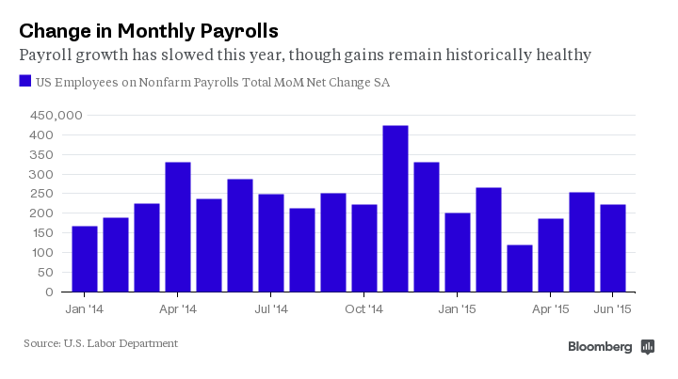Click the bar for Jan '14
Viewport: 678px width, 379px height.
point(85,259)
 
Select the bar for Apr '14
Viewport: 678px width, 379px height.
point(178,227)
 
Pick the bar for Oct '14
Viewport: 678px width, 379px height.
point(364,248)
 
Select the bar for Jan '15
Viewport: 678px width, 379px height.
point(458,252)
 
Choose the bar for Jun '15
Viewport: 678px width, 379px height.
point(613,248)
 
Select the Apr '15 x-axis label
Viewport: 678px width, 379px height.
point(551,308)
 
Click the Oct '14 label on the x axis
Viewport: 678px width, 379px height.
point(363,308)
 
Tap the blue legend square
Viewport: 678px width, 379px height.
point(25,82)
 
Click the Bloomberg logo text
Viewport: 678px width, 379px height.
point(600,347)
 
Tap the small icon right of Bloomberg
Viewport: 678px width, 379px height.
point(648,347)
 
